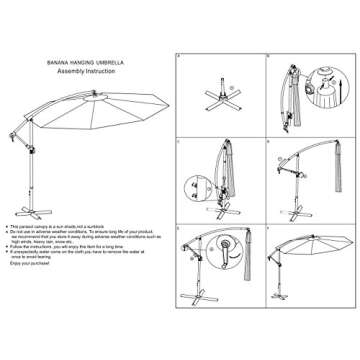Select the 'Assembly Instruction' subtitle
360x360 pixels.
click(86, 72)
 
